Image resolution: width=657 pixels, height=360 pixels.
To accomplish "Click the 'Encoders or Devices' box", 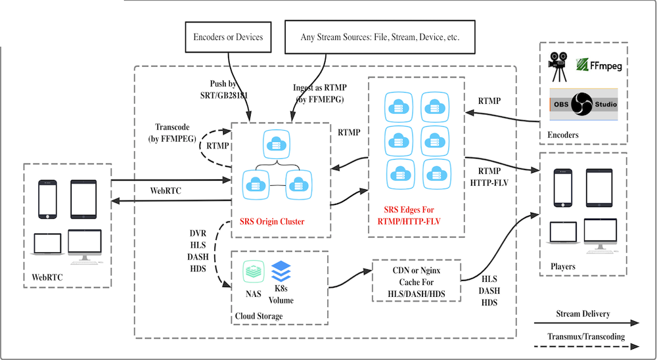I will click(228, 37).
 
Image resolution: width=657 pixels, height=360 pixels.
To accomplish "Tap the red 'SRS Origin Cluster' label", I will click(271, 221).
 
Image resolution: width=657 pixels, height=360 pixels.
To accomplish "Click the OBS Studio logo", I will click(583, 104).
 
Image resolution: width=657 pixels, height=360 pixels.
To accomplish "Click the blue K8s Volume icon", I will click(281, 270).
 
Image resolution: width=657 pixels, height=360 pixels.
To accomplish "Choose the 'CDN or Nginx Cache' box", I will click(416, 281).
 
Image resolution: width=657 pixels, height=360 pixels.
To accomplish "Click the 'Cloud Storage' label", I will click(259, 317).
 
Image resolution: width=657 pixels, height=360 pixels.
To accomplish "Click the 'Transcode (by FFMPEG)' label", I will click(172, 133).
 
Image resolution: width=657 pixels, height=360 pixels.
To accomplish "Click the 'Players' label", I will click(563, 267).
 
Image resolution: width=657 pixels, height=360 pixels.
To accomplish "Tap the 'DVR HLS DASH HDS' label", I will click(198, 251).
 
